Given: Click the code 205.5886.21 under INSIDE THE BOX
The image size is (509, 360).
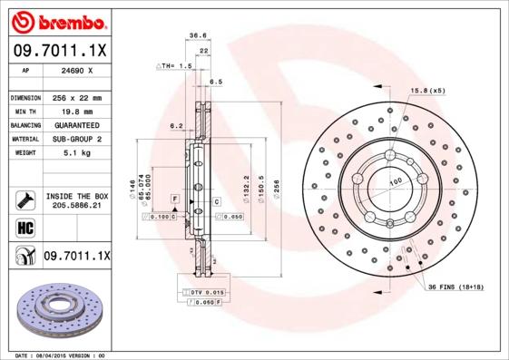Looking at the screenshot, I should (x=76, y=207).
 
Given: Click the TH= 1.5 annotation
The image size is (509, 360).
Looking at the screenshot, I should (x=175, y=67).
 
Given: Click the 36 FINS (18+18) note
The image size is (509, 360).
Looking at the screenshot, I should (x=461, y=287).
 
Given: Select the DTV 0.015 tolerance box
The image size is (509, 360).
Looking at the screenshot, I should (x=201, y=291).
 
